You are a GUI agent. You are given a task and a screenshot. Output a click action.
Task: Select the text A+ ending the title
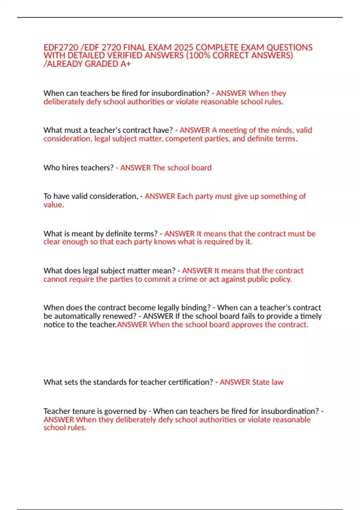click(125, 64)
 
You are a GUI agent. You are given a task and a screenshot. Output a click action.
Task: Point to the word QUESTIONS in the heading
click(289, 48)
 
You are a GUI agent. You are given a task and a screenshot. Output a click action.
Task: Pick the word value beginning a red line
click(53, 205)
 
